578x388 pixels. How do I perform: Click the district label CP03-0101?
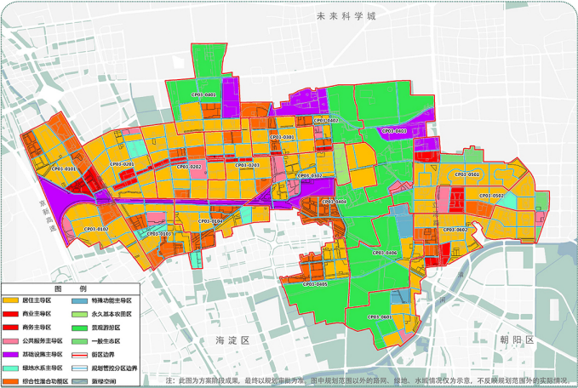coord(62,169)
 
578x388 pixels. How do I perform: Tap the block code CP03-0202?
coord(189,167)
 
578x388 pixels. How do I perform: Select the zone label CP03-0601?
coord(380,317)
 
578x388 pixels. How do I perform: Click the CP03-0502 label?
coord(491,196)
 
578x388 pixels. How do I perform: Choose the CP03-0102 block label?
coord(95,229)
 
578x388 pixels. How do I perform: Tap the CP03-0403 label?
coord(394,131)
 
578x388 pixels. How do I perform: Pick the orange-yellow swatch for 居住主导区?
coord(11,300)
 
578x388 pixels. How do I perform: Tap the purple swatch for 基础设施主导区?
coord(11,354)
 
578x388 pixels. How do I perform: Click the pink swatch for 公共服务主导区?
coord(11,340)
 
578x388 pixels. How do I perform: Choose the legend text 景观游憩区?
coord(107,327)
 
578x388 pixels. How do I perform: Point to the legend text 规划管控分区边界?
coord(115,368)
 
